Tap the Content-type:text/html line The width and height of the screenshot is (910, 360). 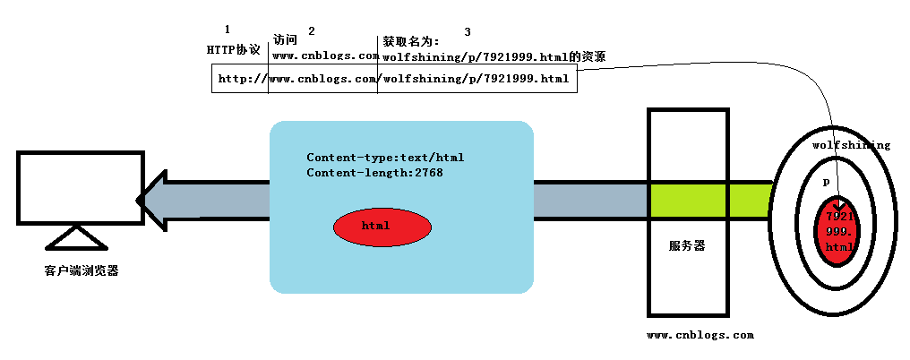coord(385,158)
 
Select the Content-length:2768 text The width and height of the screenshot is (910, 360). coord(374,173)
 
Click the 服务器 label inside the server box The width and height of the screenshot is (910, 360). coord(687,245)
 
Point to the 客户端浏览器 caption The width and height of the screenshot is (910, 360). coord(81,270)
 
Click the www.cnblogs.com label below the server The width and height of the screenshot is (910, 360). coord(700,336)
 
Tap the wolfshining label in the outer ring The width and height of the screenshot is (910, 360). coord(850,145)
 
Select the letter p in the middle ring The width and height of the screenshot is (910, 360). coord(826,182)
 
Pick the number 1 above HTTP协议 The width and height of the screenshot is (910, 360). coord(227,30)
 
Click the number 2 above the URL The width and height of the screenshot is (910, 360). coord(311,31)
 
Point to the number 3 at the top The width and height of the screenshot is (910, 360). coord(468,32)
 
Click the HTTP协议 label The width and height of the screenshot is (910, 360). coord(233,49)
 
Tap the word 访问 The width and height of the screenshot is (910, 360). coord(285,40)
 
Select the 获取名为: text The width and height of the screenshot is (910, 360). coord(411,41)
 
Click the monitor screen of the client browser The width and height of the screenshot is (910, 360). coord(80,187)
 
